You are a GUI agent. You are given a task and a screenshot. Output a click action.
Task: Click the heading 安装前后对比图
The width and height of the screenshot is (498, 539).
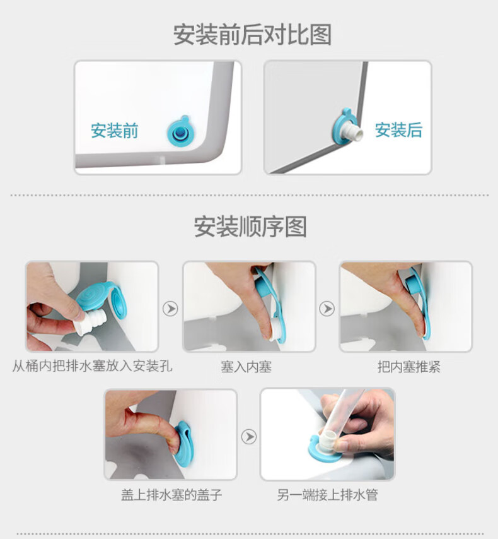(252, 35)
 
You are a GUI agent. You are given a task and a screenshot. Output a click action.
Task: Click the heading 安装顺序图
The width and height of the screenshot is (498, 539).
(250, 227)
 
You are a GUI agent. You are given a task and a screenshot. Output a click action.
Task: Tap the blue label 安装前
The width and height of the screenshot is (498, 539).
(114, 131)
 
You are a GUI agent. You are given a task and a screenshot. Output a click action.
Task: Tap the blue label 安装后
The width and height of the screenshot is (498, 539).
(398, 130)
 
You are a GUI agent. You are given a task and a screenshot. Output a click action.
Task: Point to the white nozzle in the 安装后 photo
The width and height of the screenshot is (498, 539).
(353, 132)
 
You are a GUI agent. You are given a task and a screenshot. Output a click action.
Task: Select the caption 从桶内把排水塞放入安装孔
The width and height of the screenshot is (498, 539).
(93, 366)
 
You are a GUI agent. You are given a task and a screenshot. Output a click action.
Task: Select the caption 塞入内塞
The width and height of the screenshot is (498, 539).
(246, 367)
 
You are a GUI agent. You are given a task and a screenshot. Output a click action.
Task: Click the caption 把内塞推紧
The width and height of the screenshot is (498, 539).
(408, 367)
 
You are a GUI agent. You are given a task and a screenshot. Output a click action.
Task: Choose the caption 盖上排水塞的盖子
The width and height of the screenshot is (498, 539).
(171, 495)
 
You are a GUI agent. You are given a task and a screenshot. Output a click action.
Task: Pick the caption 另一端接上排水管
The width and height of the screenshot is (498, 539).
(327, 495)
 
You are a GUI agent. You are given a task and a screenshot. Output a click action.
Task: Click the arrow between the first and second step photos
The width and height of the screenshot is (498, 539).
(170, 309)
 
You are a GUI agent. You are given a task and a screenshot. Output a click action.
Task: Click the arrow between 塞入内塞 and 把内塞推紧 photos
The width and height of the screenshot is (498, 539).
(327, 309)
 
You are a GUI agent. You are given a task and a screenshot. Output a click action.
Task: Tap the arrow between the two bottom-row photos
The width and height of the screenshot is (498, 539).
(248, 437)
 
